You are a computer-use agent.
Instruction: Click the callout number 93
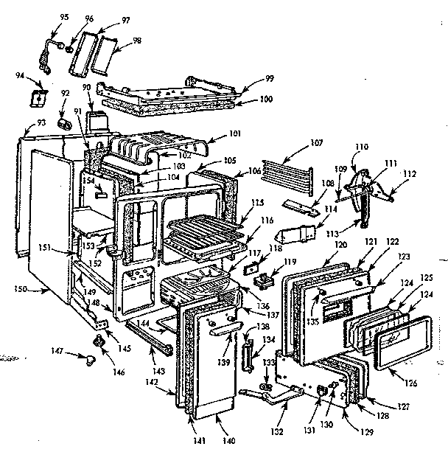tap(32, 122)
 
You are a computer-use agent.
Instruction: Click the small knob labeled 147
tap(90, 359)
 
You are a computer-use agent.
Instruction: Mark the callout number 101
tap(234, 135)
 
